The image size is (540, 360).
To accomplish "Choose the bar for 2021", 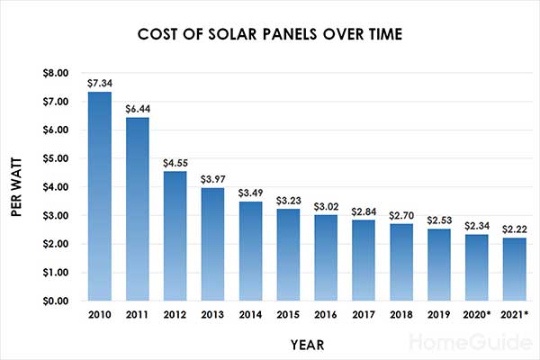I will [x=516, y=269].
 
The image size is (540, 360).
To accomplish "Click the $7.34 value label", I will [x=99, y=83].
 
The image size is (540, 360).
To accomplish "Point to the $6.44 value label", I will [x=137, y=108].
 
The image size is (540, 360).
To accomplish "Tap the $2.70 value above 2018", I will [x=402, y=215].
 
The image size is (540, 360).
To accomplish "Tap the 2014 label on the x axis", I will [x=250, y=315].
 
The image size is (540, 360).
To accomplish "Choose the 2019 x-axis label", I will [x=440, y=315].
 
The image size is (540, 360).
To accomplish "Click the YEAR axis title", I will [x=306, y=344].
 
